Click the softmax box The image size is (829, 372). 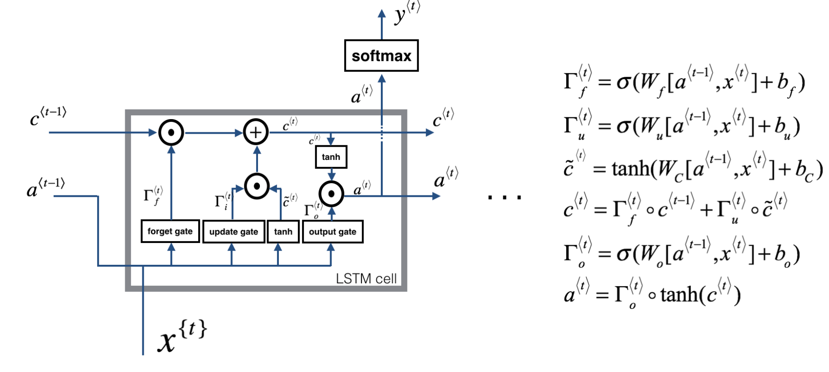(x=381, y=56)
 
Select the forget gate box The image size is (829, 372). (x=170, y=232)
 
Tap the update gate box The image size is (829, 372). (x=233, y=232)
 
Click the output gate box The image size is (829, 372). (x=332, y=232)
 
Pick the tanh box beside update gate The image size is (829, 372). (x=283, y=232)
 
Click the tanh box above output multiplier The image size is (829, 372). (x=331, y=157)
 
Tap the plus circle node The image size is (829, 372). (x=256, y=132)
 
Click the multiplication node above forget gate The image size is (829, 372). (x=171, y=132)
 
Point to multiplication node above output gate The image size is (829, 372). (x=331, y=194)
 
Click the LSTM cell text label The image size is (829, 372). (x=366, y=279)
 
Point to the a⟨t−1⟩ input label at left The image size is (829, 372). (x=46, y=188)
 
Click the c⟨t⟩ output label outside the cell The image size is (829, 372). (x=443, y=118)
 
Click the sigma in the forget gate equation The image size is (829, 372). (x=623, y=83)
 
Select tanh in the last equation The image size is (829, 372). (x=679, y=295)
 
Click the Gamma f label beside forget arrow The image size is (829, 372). (x=153, y=195)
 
